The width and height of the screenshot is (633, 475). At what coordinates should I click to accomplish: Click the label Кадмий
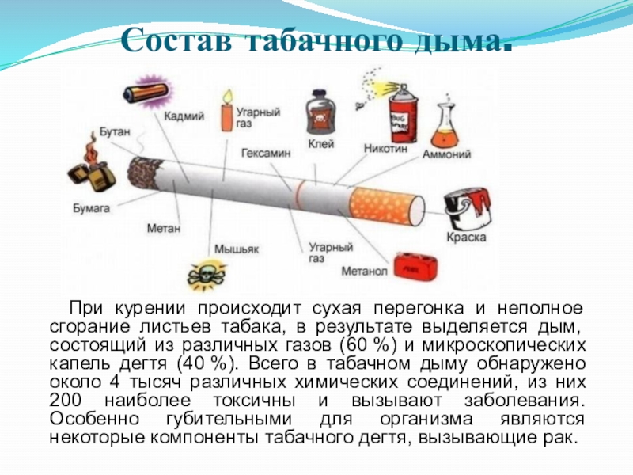click(184, 116)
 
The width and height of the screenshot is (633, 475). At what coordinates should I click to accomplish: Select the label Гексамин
click(264, 151)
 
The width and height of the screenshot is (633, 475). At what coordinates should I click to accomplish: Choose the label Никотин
click(385, 148)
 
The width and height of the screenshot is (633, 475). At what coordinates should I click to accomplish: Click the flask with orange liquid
click(449, 123)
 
